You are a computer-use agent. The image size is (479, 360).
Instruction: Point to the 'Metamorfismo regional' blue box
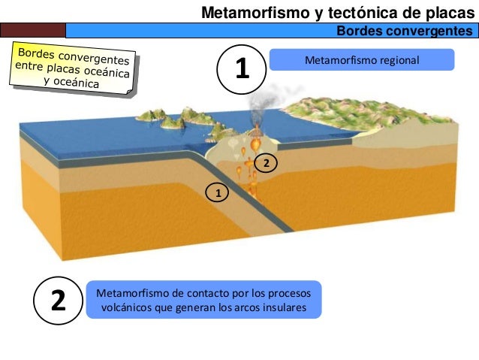click(361, 59)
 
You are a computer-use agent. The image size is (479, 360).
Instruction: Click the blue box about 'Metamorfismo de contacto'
click(203, 300)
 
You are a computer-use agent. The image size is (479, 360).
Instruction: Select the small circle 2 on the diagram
click(265, 162)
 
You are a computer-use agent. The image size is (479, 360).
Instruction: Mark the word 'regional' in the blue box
click(399, 59)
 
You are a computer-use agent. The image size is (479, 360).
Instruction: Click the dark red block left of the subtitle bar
click(33, 30)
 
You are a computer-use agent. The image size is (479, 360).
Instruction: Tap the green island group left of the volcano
click(173, 117)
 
